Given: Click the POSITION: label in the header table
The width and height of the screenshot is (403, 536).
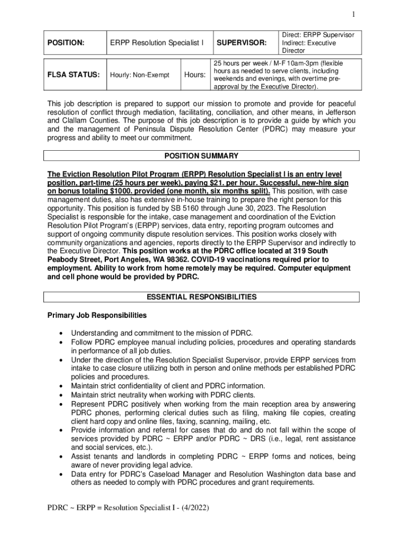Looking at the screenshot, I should pos(65,42).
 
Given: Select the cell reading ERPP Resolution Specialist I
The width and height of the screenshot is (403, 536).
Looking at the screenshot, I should pos(156,42).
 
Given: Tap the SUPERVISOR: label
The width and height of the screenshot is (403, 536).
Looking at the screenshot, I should pos(242,42).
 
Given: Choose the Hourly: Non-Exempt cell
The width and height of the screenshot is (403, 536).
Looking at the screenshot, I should pos(140,75).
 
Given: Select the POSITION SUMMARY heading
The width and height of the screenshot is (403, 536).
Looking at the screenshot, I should pos(201,156).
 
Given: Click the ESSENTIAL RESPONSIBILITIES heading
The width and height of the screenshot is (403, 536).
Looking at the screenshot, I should pos(201,297).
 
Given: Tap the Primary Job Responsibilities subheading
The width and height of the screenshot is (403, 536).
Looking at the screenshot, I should pos(97,316).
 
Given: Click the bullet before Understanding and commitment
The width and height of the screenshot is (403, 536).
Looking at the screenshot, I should pos(62,333).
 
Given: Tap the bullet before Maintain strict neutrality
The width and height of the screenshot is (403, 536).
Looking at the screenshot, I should pos(62,395).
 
